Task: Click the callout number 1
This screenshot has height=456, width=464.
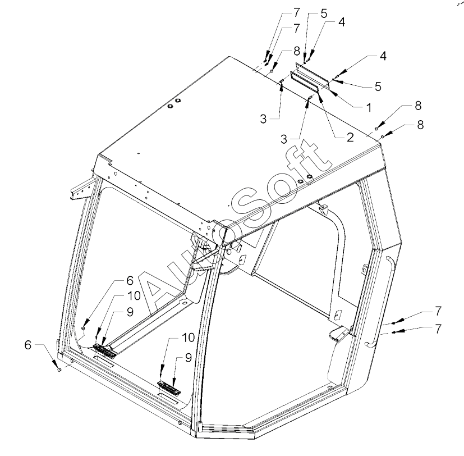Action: point(369,107)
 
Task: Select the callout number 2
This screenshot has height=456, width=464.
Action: point(350,137)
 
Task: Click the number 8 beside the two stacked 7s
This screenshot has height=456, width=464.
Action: point(297,51)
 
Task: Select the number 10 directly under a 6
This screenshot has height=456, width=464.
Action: point(134,295)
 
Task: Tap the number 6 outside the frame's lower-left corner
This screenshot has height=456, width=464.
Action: point(28,345)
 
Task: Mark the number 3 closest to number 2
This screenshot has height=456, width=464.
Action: point(284,139)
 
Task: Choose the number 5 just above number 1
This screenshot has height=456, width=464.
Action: point(378,86)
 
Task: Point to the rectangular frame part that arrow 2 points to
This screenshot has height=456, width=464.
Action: point(305,82)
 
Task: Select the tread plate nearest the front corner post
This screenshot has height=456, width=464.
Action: point(169,387)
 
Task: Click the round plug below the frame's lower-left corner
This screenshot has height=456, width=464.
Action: point(59,370)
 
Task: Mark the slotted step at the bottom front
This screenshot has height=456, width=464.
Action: point(226,430)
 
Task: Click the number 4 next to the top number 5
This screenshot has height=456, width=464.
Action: point(341,22)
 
